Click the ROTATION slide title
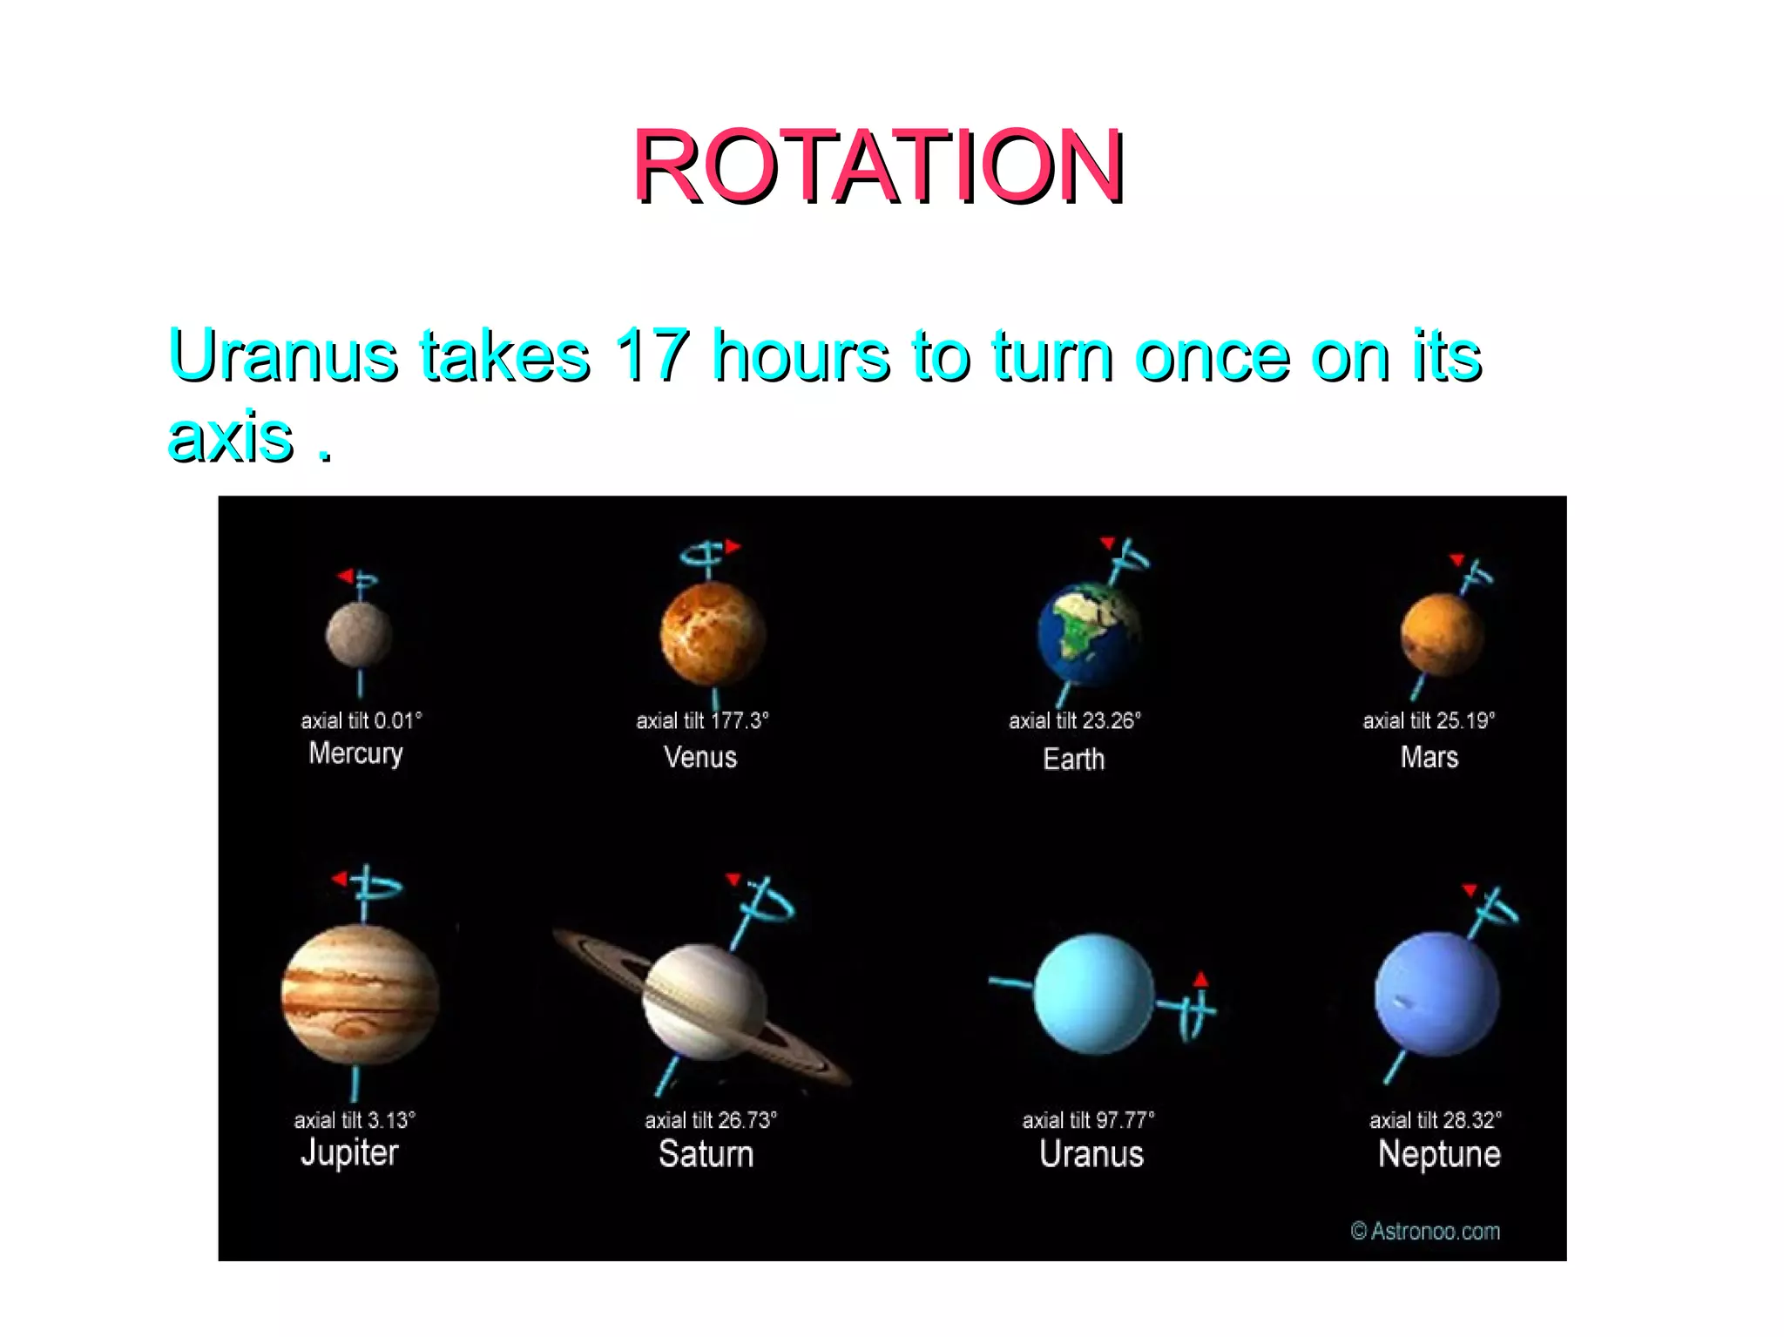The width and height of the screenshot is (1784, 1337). tap(878, 165)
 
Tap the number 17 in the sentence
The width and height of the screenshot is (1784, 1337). tap(652, 355)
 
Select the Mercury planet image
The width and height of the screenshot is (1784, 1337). tap(359, 636)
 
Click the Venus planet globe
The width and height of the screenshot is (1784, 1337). tap(713, 634)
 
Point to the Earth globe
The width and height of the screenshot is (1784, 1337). tap(1089, 636)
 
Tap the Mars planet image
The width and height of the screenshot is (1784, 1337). tap(1442, 636)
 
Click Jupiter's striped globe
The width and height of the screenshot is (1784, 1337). tap(360, 995)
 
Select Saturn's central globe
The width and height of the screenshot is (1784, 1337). tap(704, 1002)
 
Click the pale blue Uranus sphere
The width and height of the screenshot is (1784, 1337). tap(1093, 995)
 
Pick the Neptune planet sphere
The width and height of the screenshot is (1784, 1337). tap(1437, 995)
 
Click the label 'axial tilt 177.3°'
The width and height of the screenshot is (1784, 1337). tap(702, 721)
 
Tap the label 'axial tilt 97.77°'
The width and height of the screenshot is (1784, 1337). tap(1088, 1120)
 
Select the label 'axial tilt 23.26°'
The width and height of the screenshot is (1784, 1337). tap(1074, 721)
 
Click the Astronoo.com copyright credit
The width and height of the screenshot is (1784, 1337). tap(1425, 1231)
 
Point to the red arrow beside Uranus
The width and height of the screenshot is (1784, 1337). tap(1201, 979)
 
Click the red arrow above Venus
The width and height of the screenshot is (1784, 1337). tap(733, 547)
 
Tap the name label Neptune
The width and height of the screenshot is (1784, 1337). tap(1439, 1154)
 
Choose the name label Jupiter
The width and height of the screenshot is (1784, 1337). tap(349, 1153)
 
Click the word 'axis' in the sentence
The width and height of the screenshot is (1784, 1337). tap(230, 436)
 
